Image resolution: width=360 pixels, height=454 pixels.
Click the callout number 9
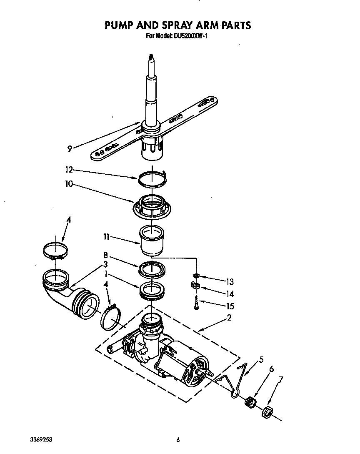tap(70, 148)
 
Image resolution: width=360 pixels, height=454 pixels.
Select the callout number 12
tap(69, 170)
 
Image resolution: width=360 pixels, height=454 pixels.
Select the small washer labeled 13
tap(196, 276)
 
